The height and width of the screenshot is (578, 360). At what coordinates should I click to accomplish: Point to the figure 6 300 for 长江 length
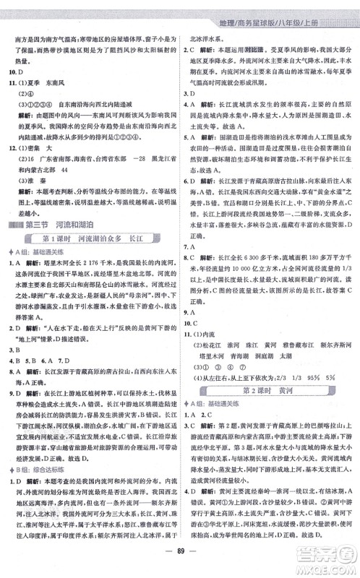pos(254,257)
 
